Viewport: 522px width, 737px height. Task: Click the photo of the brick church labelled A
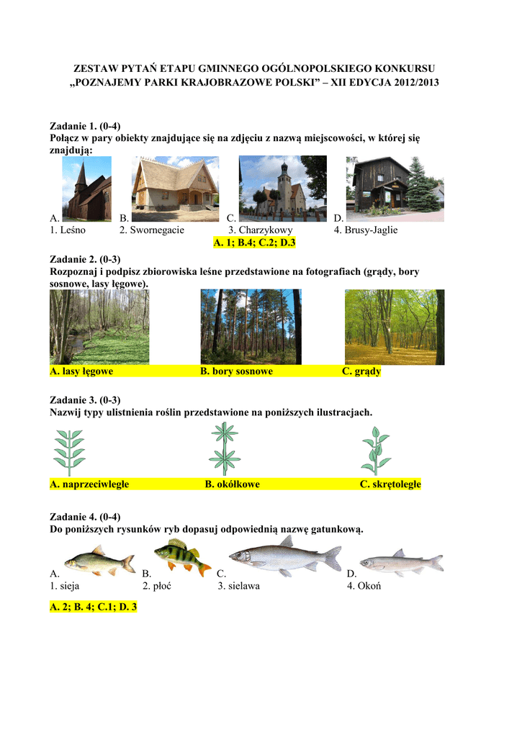(86, 189)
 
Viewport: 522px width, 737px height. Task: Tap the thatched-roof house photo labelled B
(175, 189)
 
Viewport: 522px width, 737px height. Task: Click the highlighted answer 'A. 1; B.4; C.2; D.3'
(255, 243)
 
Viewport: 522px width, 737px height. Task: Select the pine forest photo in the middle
(251, 327)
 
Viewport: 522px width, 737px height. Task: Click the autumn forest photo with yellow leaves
(394, 327)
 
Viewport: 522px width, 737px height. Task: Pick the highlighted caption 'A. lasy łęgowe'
(81, 372)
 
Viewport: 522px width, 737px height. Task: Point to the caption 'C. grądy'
(361, 372)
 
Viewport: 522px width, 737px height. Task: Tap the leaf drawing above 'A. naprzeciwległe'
(70, 450)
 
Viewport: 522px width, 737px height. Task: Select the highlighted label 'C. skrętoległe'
(390, 484)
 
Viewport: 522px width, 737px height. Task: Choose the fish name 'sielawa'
(243, 586)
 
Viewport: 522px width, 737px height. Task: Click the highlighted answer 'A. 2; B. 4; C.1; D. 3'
(94, 607)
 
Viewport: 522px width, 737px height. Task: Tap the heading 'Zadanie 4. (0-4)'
(85, 516)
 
